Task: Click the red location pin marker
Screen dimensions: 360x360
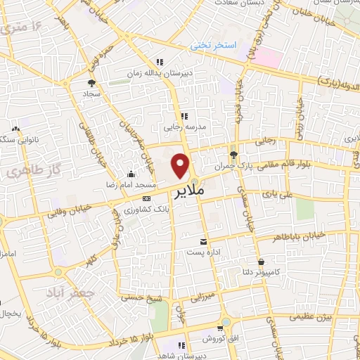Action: click(181, 165)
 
